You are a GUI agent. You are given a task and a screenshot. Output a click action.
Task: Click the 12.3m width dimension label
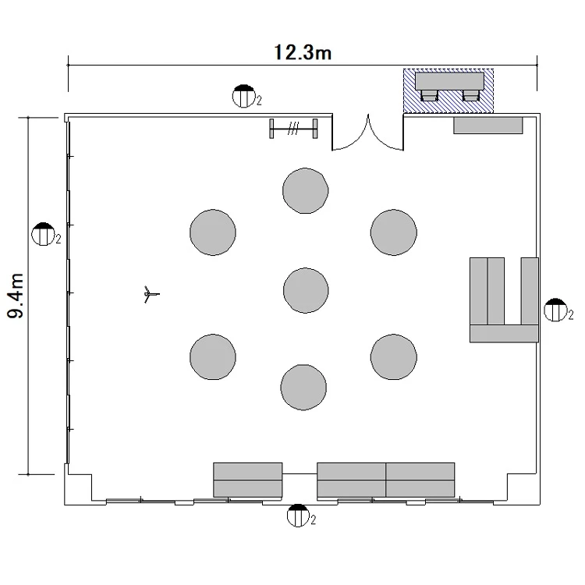pos(303,52)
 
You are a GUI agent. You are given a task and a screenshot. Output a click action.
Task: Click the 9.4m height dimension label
pos(16,296)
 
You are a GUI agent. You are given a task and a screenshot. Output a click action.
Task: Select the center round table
pos(306,290)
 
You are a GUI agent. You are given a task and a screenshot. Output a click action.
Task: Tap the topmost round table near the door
pos(305,190)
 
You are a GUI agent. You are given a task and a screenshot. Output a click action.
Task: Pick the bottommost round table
pos(303,387)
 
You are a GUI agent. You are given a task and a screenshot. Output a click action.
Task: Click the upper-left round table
pos(213,232)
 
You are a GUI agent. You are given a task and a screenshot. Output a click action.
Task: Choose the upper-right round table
pos(394,232)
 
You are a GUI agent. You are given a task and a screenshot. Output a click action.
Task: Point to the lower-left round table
pos(213,357)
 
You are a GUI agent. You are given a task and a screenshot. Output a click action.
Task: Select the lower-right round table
pos(394,357)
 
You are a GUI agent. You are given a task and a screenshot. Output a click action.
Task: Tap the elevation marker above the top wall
pos(246,96)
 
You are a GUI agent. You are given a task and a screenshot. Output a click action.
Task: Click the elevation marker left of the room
pos(45,234)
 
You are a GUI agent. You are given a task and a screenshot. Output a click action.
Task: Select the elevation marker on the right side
pos(558,310)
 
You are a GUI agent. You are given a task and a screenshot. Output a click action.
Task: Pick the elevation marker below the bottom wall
pos(301,516)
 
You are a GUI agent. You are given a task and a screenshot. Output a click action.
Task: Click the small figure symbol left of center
pos(151,294)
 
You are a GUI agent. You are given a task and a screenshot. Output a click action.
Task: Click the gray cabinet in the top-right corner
pos(488,126)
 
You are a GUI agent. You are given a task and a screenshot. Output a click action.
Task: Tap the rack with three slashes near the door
pos(293,129)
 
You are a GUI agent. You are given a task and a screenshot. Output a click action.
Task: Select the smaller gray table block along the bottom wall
pos(248,480)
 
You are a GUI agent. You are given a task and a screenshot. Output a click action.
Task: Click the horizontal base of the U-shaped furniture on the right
pos(504,334)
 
